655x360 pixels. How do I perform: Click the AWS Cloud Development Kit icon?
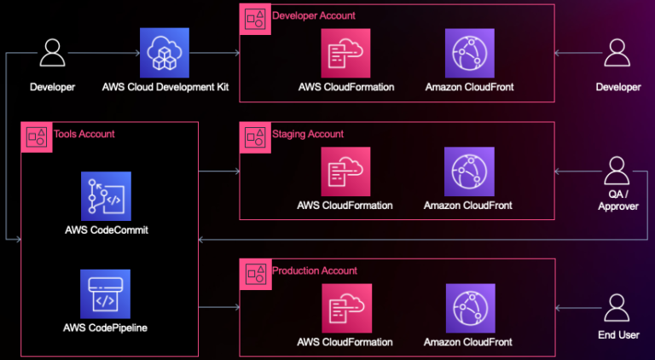[165, 53]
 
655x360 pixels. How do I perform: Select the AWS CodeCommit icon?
[105, 196]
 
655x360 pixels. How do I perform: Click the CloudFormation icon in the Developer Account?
[346, 53]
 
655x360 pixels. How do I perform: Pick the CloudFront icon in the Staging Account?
[468, 171]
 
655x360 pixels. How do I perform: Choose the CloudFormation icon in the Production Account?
[346, 308]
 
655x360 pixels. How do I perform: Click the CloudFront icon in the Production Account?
[468, 308]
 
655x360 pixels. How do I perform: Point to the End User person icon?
[617, 307]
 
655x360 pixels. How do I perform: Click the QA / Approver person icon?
[617, 171]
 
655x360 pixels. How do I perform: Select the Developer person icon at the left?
[53, 53]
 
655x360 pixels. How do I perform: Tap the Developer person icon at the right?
[617, 53]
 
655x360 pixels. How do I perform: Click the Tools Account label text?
[84, 134]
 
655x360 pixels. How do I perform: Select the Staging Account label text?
[308, 134]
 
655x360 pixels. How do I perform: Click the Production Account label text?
[315, 270]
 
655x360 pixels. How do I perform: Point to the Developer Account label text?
[314, 15]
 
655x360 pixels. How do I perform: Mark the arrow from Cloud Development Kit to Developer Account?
[217, 53]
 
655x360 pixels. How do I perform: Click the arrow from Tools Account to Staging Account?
[219, 171]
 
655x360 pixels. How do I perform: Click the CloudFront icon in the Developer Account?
[468, 53]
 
